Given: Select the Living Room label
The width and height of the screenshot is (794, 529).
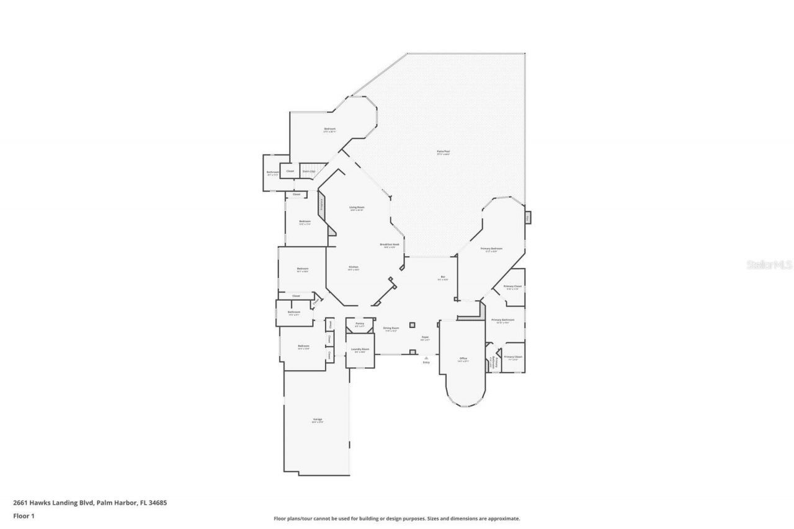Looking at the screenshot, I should (356, 208).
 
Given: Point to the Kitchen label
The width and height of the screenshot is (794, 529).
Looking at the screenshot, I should (353, 268).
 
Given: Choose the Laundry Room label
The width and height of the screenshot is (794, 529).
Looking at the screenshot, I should (360, 350).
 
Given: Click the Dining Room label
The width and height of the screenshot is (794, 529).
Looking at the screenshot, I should (390, 329).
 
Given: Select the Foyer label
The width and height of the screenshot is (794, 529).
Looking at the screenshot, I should (425, 338).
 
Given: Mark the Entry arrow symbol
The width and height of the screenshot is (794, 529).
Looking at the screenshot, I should (426, 358).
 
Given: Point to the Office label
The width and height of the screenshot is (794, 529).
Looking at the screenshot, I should (463, 359).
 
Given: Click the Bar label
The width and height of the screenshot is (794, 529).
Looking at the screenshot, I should (443, 278).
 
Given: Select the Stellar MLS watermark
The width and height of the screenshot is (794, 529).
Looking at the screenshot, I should (769, 265).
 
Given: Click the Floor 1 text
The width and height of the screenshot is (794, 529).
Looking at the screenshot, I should (23, 516).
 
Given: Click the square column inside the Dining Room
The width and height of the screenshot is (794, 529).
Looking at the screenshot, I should (412, 324).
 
